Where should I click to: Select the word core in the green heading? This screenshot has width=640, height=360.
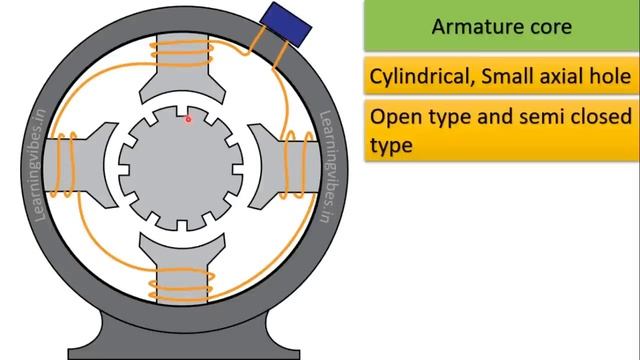(x=550, y=26)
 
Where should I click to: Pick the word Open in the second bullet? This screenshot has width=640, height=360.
(x=393, y=116)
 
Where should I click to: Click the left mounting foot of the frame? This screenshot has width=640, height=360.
(x=100, y=335)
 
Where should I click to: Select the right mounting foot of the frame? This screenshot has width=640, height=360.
(x=262, y=335)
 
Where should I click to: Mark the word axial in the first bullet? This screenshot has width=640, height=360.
(x=556, y=76)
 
